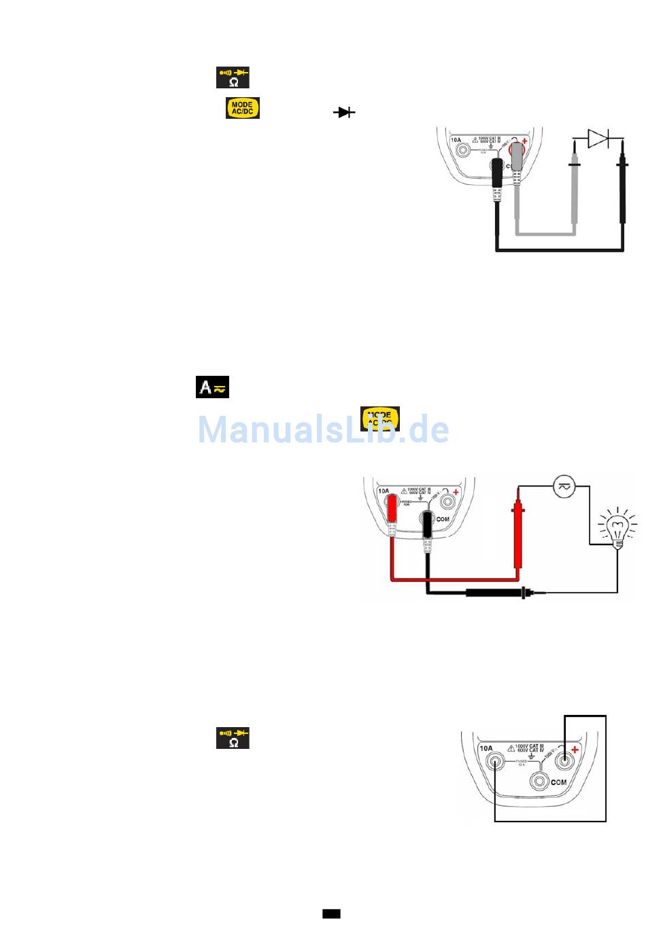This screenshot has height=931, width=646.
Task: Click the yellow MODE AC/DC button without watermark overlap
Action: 243,108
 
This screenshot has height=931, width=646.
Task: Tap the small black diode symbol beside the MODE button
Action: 344,112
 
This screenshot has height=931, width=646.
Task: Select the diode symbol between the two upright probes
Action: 598,139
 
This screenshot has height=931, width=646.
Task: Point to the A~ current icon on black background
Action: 212,387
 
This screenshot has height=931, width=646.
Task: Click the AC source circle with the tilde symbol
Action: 564,487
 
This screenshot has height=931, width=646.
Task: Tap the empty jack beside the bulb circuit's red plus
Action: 448,502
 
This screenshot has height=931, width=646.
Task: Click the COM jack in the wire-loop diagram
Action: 540,781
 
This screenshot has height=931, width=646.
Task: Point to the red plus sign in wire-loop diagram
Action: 575,750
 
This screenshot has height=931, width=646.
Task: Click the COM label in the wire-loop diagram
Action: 559,782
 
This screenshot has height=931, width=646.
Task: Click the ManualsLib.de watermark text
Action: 323,429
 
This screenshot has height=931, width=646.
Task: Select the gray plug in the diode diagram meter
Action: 518,157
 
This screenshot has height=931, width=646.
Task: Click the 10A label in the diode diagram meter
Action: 456,140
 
